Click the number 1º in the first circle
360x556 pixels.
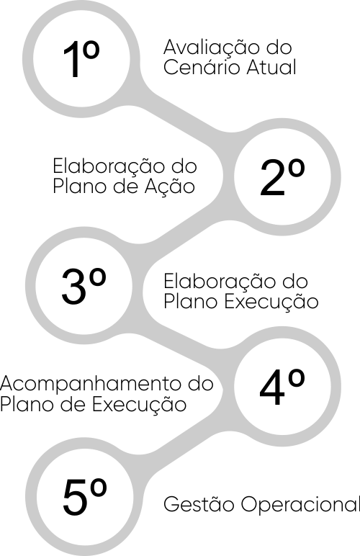coord(81,58)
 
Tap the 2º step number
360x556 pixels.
coord(282,177)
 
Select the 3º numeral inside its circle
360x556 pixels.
coord(84,286)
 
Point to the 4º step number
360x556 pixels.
coord(282,387)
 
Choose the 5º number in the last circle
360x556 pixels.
coord(85,497)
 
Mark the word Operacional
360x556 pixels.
coord(300,504)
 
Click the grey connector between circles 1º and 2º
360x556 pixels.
coord(185,111)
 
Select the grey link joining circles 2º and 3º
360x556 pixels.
coord(184,230)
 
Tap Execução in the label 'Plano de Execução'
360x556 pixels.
coord(139,405)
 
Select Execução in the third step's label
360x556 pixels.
coord(271,302)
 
